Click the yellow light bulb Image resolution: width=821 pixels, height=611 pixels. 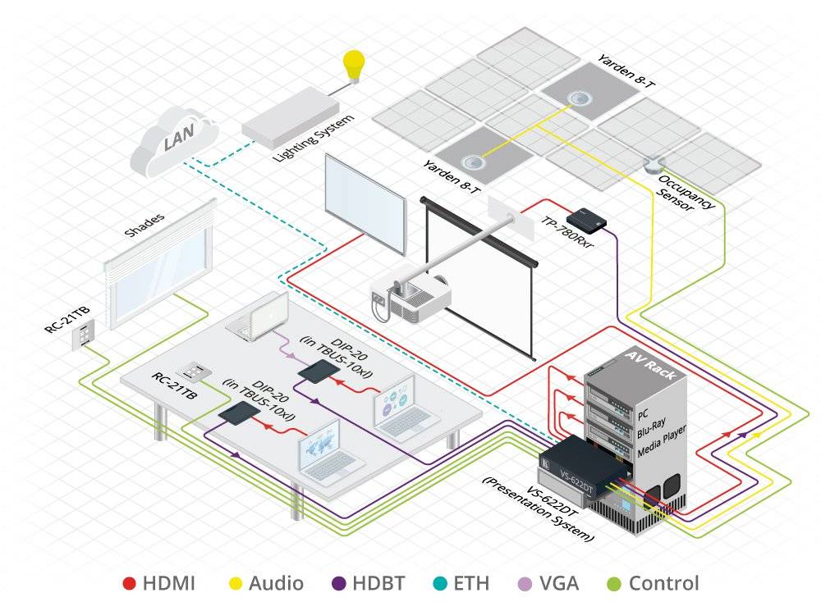pos(354,64)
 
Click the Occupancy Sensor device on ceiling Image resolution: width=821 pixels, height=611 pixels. pos(654,164)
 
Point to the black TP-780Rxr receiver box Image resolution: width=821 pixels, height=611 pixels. pos(586,215)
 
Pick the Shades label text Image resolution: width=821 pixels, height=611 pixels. pos(144,225)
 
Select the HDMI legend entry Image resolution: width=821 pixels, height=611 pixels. pos(160,584)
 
